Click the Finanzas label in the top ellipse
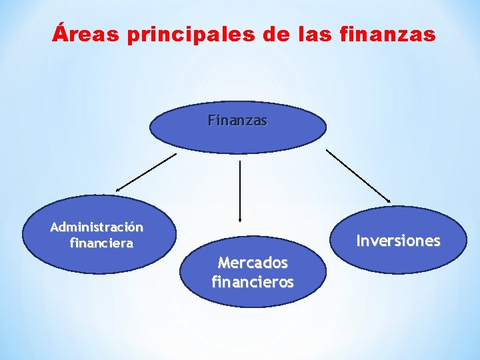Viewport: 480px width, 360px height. tap(237, 121)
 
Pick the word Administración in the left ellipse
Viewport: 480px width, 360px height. tap(97, 227)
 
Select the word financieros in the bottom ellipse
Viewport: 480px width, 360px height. tap(253, 282)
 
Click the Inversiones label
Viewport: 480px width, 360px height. tap(398, 241)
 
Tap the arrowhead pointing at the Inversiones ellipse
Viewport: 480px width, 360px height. tap(388, 199)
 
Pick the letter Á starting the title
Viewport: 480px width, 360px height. tap(60, 33)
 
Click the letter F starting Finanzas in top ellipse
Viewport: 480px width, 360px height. tap(211, 121)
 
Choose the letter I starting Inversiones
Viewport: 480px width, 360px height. tap(359, 241)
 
